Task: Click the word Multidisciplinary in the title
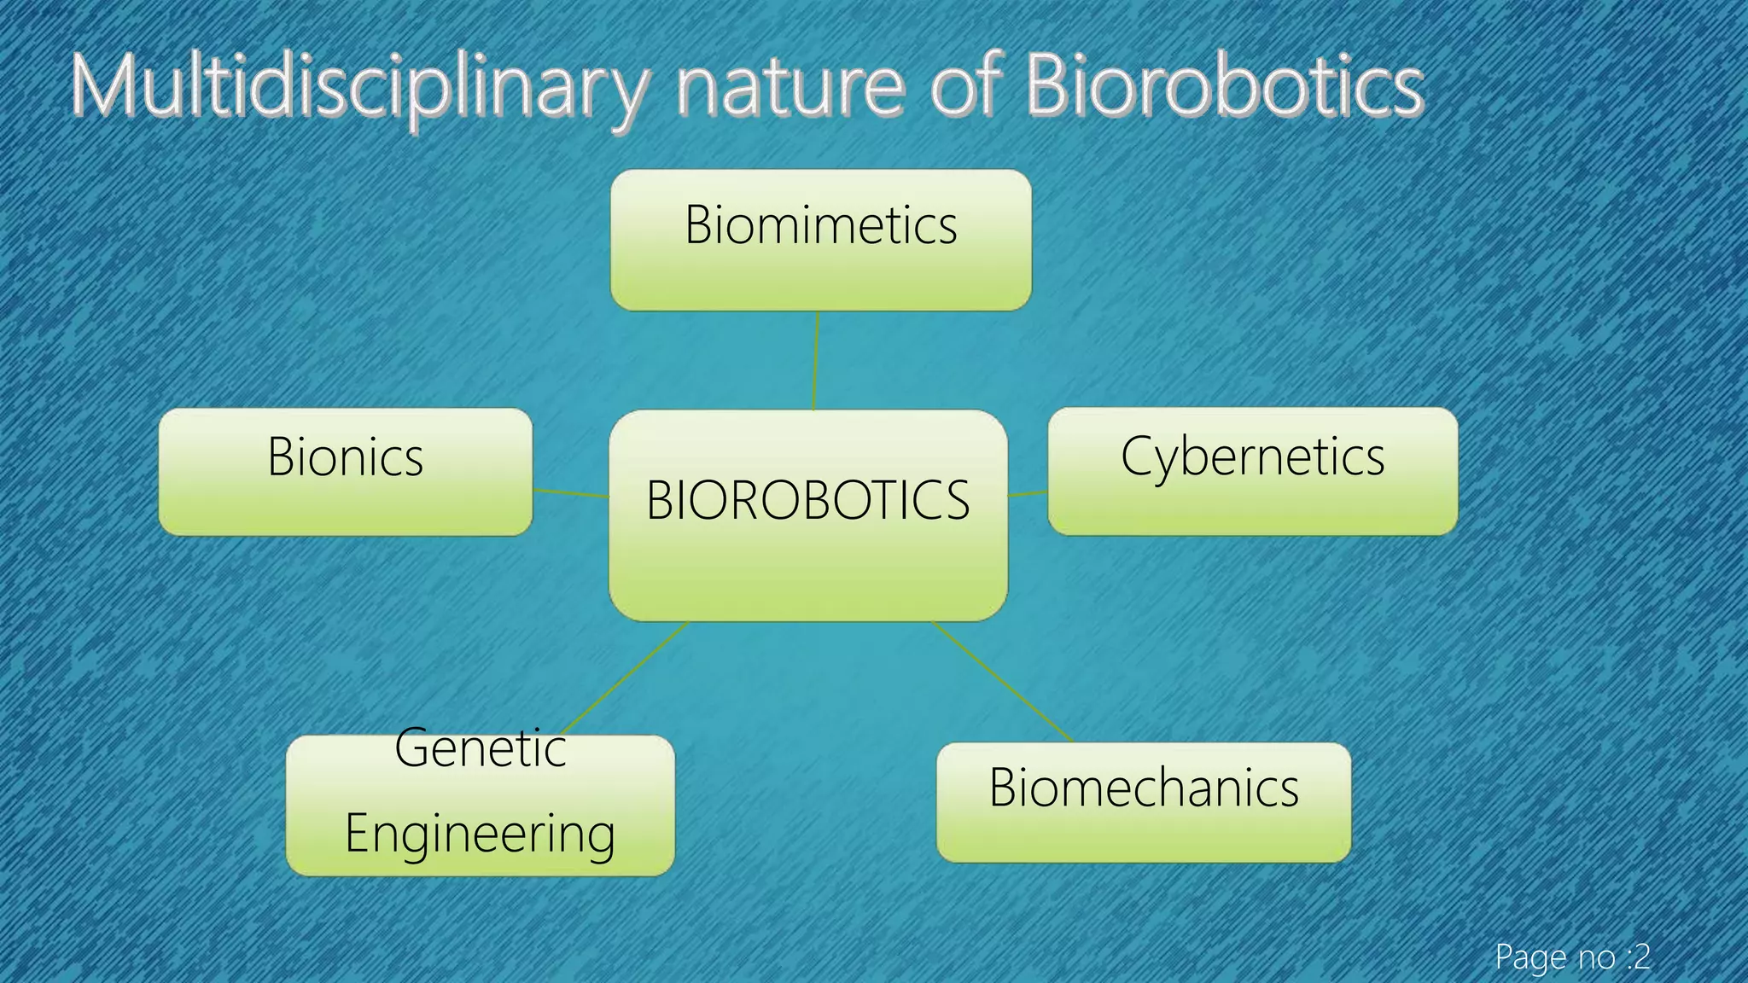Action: [x=358, y=87]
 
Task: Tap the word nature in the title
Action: [x=790, y=87]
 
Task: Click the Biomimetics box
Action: [x=820, y=240]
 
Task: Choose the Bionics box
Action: [x=345, y=471]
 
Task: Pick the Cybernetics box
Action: [x=1252, y=471]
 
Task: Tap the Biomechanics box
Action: [x=1143, y=801]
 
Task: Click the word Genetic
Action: [x=481, y=749]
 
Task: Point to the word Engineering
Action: [x=480, y=834]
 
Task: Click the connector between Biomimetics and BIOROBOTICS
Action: [x=816, y=360]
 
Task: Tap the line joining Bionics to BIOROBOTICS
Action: [x=570, y=492]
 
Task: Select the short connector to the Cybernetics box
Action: [x=1028, y=493]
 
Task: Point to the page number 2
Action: [x=1641, y=957]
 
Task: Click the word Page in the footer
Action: [x=1530, y=957]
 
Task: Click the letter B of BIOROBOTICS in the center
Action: [x=660, y=500]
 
